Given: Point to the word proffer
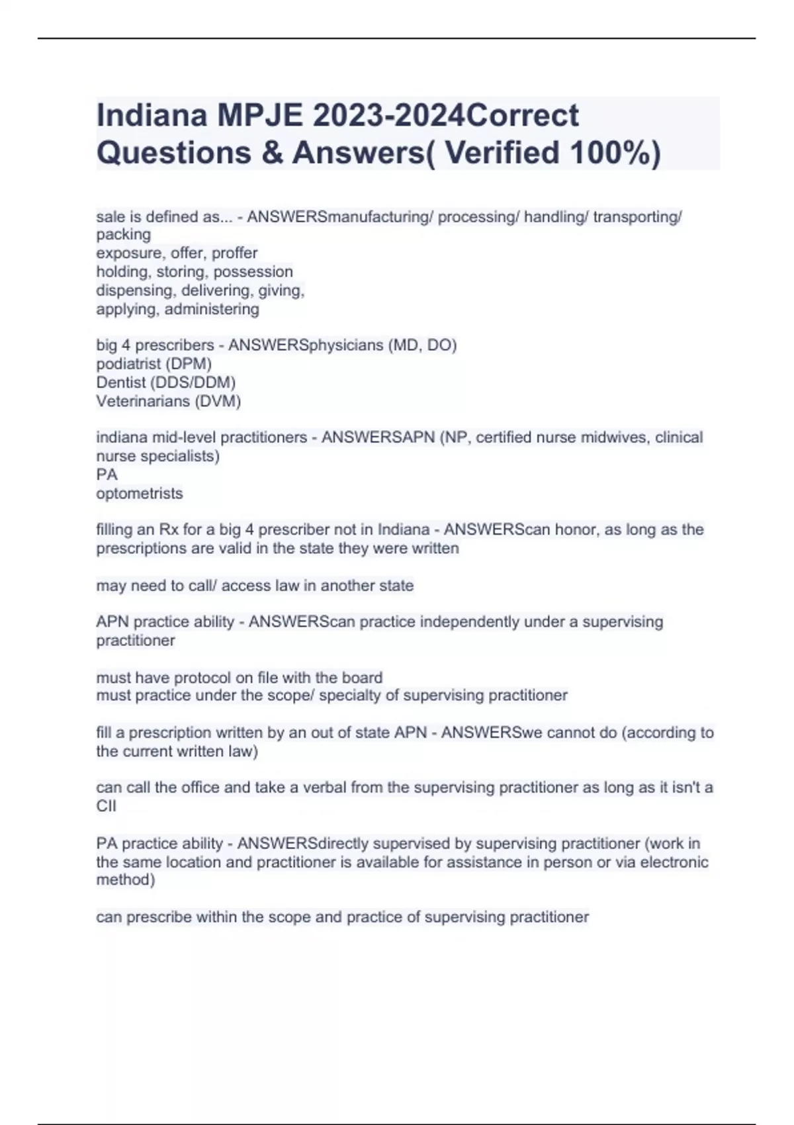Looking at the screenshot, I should (x=234, y=253).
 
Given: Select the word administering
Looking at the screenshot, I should (x=212, y=309).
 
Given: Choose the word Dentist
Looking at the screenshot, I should (x=121, y=382).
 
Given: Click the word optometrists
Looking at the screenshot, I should (x=140, y=493).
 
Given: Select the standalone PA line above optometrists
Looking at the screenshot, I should (x=107, y=474).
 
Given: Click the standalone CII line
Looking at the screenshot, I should (x=106, y=806).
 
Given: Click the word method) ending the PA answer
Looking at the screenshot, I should (x=126, y=879).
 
